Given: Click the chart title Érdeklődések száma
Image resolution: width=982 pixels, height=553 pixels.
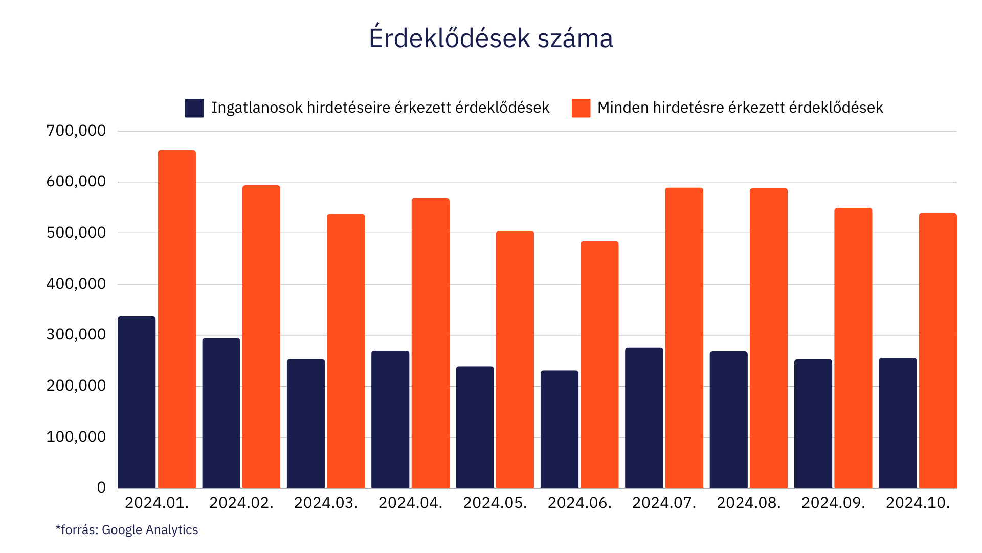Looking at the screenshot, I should (490, 38).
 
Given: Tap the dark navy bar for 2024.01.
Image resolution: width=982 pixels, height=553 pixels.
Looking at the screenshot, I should (137, 402).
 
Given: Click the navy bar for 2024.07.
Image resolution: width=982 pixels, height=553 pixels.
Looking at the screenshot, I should (644, 417).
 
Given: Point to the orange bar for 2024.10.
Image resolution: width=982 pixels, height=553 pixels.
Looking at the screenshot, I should (938, 350).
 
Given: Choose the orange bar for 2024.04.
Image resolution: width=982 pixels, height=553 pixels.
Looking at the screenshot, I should (430, 343).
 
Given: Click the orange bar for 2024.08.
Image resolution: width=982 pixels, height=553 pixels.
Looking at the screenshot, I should (769, 338).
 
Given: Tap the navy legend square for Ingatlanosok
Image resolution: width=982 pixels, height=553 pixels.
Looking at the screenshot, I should (194, 108).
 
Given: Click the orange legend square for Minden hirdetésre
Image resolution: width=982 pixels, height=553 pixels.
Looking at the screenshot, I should (581, 108).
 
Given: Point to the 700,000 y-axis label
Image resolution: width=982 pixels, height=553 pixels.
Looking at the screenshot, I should (76, 131).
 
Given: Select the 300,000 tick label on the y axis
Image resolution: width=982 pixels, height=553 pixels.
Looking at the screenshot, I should (76, 335).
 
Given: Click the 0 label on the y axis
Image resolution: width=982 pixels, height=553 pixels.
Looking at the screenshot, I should (101, 487).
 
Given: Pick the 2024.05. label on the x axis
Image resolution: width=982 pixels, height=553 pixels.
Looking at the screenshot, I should (495, 503).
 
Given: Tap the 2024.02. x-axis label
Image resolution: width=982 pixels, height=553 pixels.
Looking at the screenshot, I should (241, 503).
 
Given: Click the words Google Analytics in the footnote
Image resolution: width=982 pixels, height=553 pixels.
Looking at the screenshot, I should (150, 530).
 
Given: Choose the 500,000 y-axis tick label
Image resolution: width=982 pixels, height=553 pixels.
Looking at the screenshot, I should (76, 233).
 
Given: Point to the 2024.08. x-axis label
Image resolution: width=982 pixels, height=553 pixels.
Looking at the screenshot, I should (748, 503).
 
